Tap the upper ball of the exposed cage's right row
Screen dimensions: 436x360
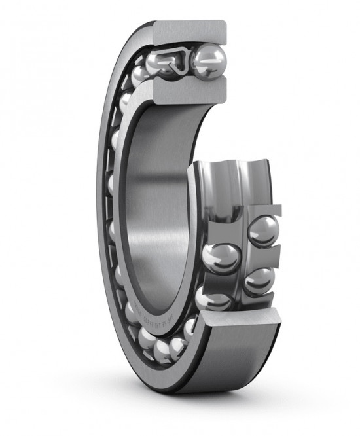pyautogui.click(x=263, y=230)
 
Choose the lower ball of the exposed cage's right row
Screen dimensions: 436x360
pyautogui.click(x=261, y=280)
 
